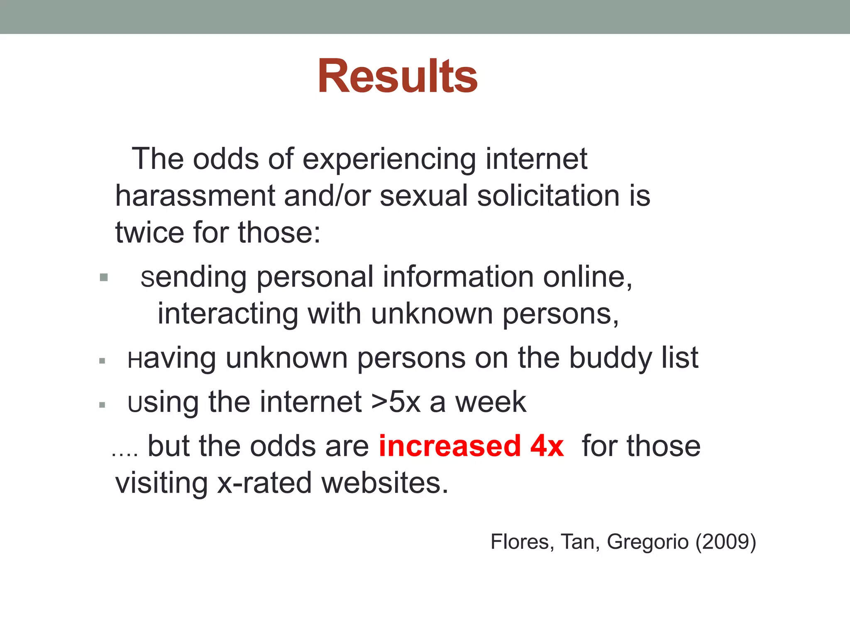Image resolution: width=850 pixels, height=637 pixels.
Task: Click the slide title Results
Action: coord(398,77)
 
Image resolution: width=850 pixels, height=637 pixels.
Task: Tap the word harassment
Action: coord(195,196)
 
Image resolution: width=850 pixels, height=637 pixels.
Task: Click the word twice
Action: coord(149,232)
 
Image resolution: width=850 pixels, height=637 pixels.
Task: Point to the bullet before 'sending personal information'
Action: coord(104,277)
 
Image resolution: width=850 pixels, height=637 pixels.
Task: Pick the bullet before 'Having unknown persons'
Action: coord(103,361)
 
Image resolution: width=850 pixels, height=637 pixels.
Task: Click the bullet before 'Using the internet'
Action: coord(103,405)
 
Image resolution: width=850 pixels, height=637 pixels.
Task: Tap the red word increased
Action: coord(450,446)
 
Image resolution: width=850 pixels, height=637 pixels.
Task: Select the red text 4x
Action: coord(547,446)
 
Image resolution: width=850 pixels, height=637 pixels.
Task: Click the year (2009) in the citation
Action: coord(726,542)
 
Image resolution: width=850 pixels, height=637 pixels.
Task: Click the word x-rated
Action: coord(264,483)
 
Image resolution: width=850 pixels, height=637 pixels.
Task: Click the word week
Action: coord(491,402)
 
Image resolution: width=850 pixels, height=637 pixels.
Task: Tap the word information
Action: coord(458,277)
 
